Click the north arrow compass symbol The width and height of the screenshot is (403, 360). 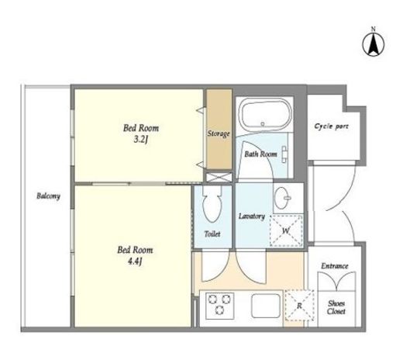tap(374, 44)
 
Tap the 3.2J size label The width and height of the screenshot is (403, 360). tap(141, 140)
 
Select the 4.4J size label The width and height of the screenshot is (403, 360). tap(135, 262)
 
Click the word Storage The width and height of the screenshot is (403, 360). tap(219, 133)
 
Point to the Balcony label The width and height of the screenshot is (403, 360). tap(48, 196)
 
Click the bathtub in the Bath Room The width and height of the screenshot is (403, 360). tap(266, 115)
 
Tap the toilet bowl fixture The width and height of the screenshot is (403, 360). tap(212, 204)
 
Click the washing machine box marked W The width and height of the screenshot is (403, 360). tap(286, 230)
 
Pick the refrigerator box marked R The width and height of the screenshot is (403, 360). tap(300, 306)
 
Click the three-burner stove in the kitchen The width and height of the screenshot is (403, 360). tap(219, 306)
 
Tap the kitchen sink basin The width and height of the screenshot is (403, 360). tap(266, 306)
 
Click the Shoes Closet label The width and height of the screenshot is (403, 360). tap(336, 307)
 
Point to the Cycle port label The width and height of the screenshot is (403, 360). tap(332, 126)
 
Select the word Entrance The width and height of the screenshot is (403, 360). tap(335, 266)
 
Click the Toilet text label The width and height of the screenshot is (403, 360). tap(212, 234)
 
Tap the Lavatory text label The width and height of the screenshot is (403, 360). tap(252, 216)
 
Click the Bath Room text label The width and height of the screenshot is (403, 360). tap(260, 154)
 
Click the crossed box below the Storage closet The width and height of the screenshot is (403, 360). tap(219, 177)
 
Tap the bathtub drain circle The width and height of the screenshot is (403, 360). tap(263, 124)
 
